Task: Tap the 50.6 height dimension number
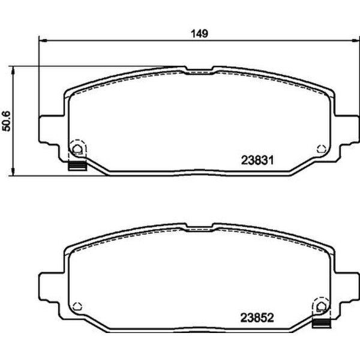(x=7, y=120)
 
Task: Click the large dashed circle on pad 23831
(x=77, y=148)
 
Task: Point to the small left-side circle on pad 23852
(x=76, y=307)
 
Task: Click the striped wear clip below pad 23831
(x=77, y=166)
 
